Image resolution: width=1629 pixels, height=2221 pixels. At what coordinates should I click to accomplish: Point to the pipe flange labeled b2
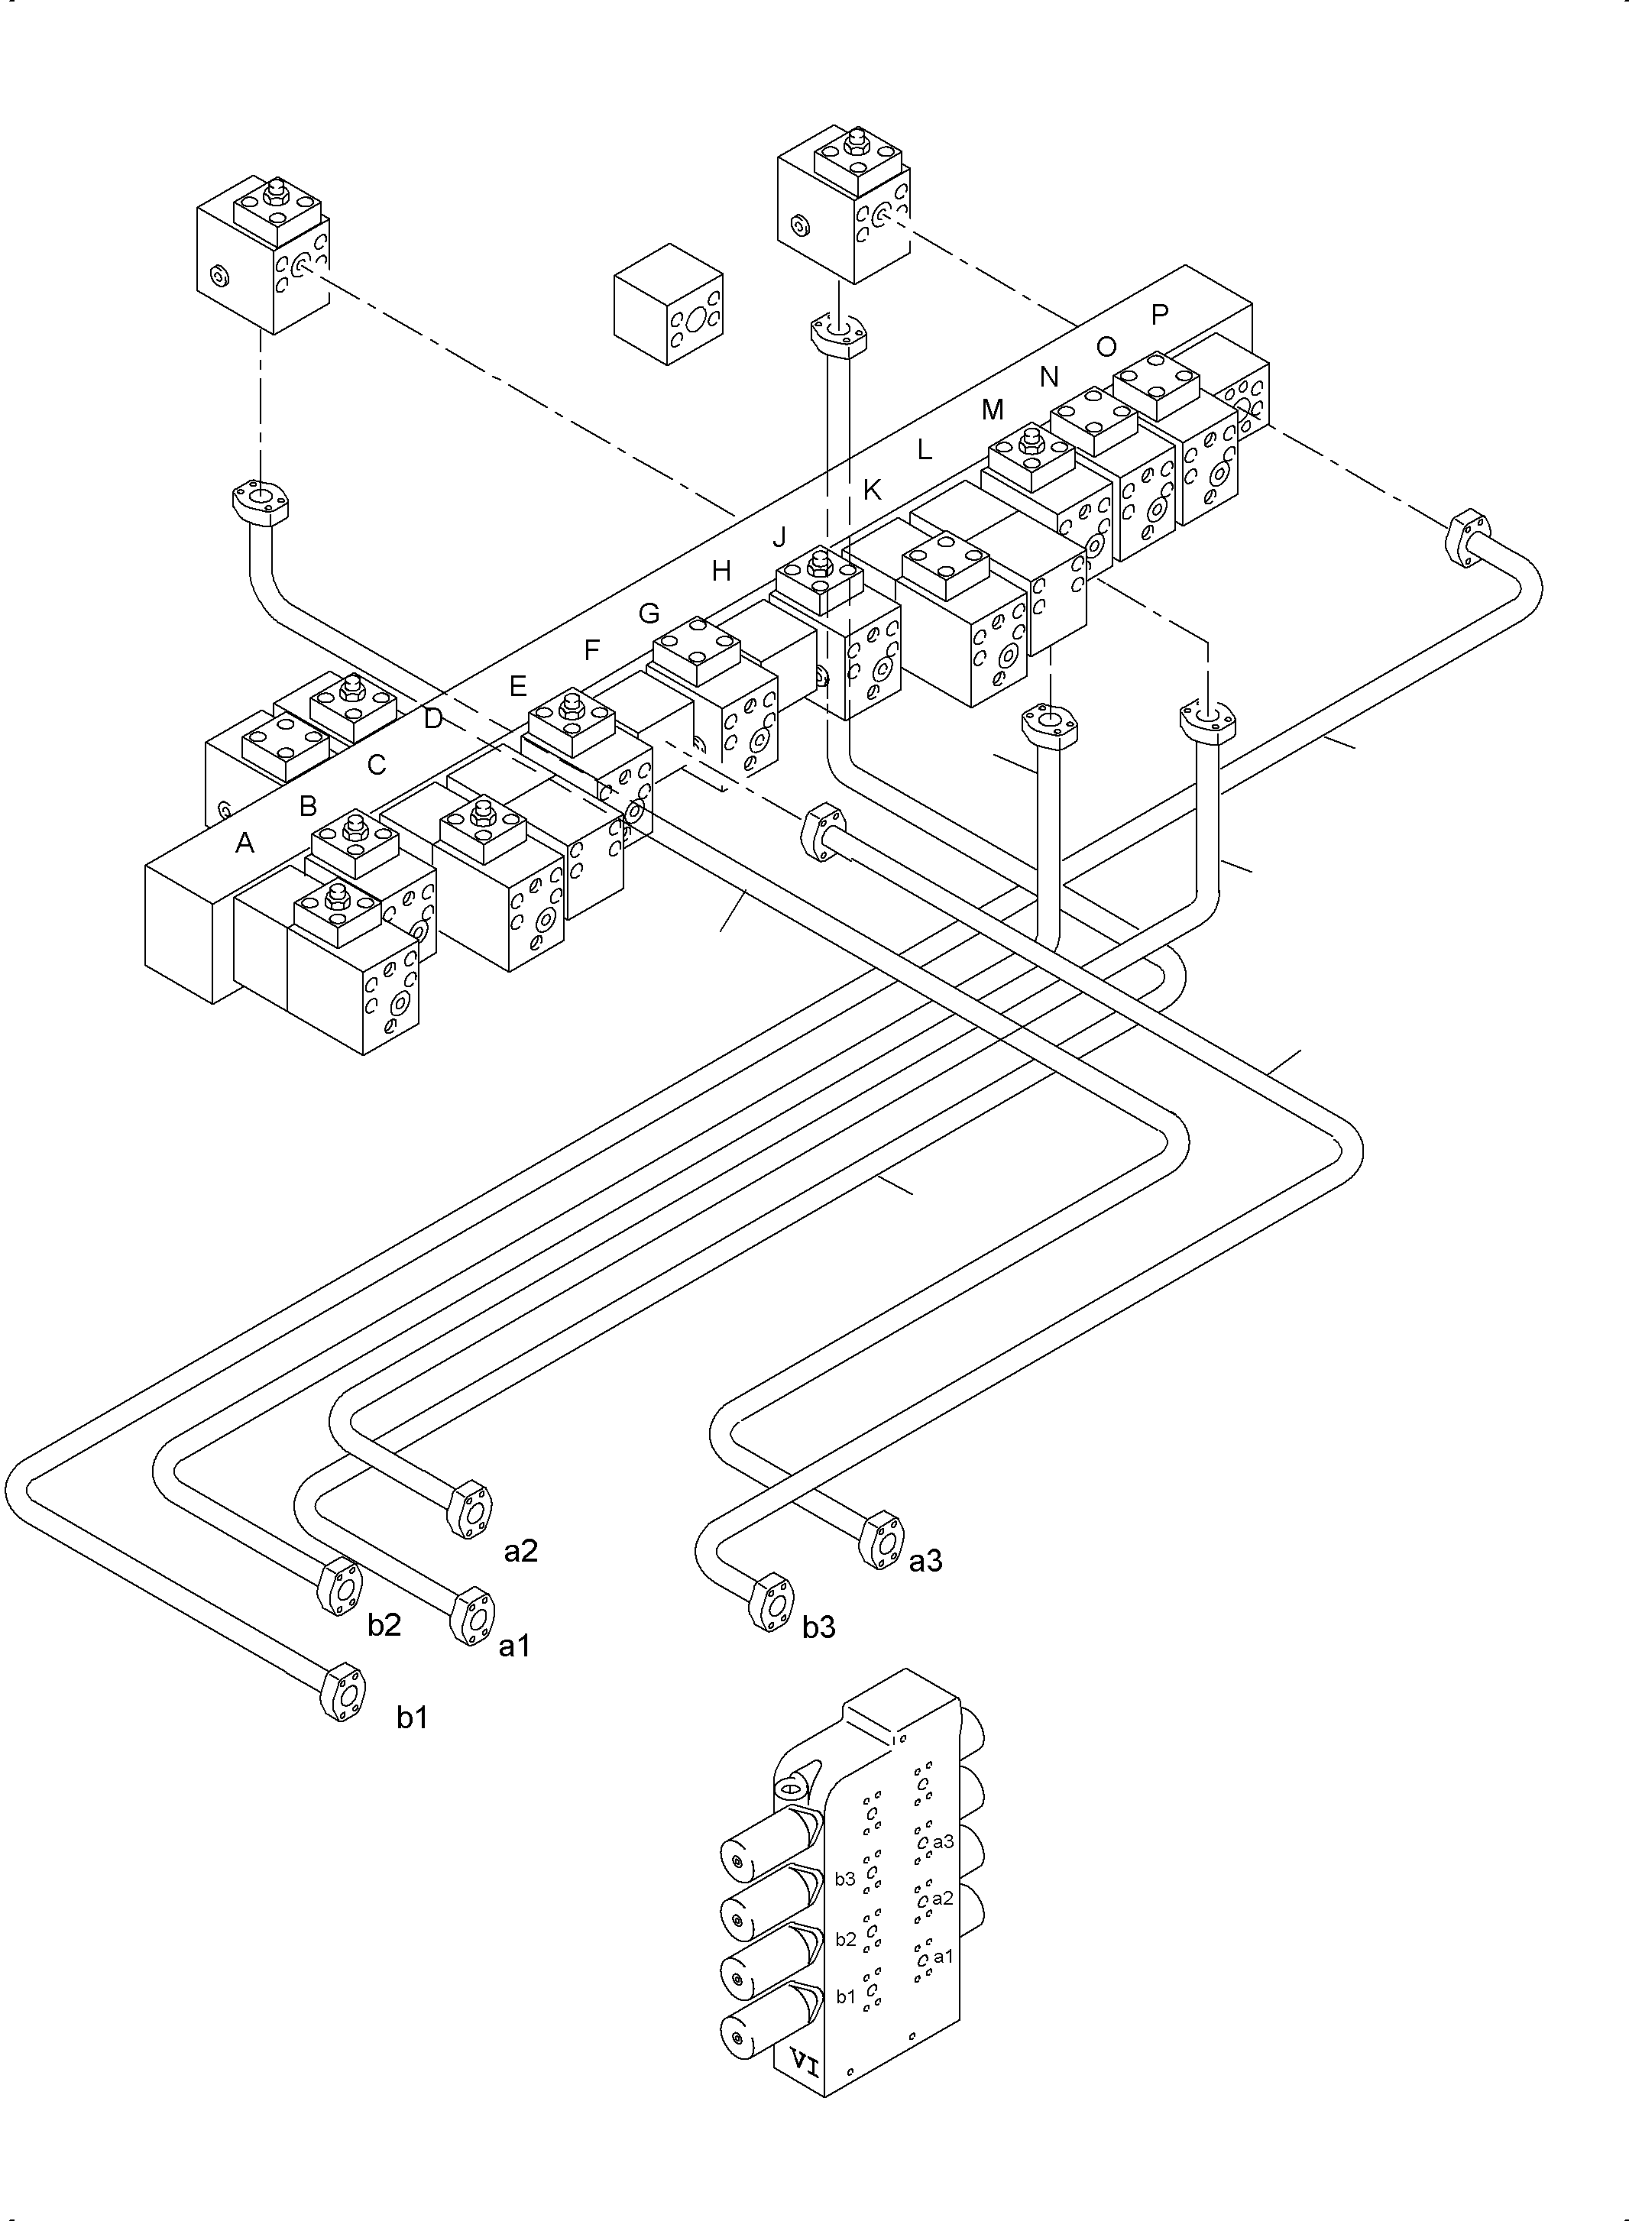[338, 1587]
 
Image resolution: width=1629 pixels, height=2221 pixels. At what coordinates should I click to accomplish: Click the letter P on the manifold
[1160, 315]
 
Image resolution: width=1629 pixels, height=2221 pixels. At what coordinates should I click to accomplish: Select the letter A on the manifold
[245, 843]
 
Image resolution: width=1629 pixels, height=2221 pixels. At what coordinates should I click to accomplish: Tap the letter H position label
[721, 571]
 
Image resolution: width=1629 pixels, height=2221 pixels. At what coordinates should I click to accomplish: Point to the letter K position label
[872, 490]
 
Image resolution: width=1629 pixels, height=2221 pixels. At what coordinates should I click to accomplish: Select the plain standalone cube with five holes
[669, 305]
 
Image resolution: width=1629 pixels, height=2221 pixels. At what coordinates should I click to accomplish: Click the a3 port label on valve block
[943, 1841]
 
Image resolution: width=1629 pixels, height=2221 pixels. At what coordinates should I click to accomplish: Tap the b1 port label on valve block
[846, 1997]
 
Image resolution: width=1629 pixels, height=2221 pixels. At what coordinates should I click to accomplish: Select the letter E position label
[518, 686]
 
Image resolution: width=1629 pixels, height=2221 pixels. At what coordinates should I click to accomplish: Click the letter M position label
[992, 410]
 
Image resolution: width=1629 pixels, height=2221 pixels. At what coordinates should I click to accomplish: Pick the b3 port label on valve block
[845, 1879]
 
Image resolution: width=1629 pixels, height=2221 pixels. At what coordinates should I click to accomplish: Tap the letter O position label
[1106, 347]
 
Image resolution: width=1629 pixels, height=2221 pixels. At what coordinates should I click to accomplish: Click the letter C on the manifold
[377, 765]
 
